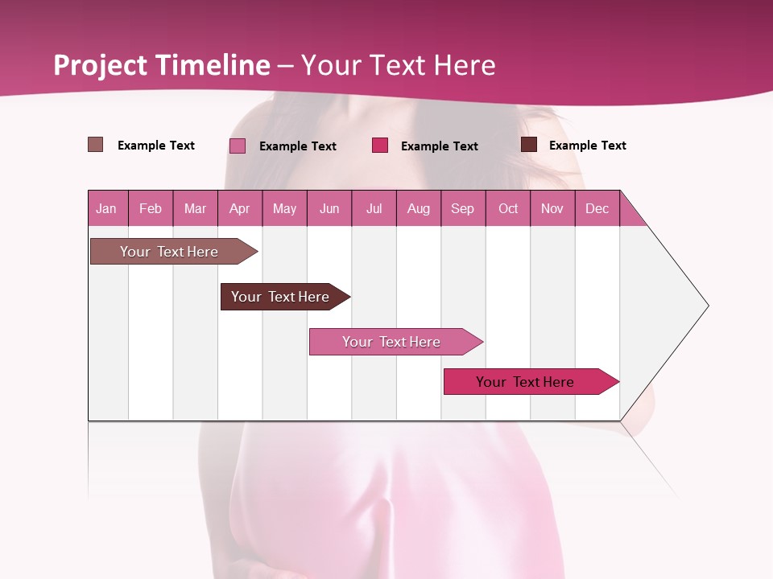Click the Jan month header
point(106,209)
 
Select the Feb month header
point(151,209)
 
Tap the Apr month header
point(239,209)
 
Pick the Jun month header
point(329,209)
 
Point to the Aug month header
point(418,209)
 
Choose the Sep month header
point(462,209)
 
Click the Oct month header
point(508,209)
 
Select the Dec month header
point(597,209)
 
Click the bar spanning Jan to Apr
point(169,252)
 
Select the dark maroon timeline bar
point(280,297)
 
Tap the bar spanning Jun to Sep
point(391,342)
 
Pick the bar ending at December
point(525,382)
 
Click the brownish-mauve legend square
point(96,145)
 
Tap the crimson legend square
point(380,146)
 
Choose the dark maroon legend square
point(529,145)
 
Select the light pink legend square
point(238,146)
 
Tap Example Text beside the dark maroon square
point(587,146)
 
